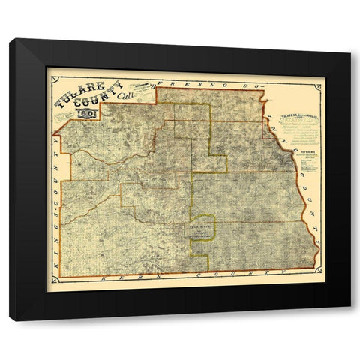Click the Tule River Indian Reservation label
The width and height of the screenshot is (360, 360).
click(199, 232)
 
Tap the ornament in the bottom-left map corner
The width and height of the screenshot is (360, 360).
click(51, 282)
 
